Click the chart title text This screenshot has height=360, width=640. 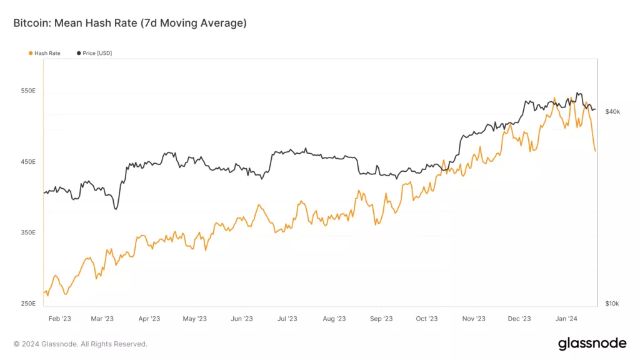(x=130, y=23)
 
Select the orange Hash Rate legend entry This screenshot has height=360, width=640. (x=44, y=53)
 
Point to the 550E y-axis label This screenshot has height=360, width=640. (x=28, y=91)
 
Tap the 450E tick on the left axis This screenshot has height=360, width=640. (x=28, y=161)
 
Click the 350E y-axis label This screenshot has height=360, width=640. (x=28, y=232)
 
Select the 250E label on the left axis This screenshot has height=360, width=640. (x=28, y=304)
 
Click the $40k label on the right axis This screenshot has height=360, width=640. (x=612, y=112)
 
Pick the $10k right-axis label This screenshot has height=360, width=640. (x=612, y=304)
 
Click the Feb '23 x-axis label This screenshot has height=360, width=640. (x=60, y=319)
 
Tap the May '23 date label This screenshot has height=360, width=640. (x=195, y=319)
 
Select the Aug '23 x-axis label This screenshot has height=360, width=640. (x=334, y=319)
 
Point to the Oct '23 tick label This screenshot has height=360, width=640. (x=427, y=319)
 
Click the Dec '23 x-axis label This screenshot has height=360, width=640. (x=519, y=319)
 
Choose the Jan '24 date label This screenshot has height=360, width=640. (x=566, y=319)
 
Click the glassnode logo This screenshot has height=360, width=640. (x=592, y=344)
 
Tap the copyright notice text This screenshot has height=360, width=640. (x=81, y=344)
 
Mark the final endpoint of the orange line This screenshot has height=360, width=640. (x=596, y=151)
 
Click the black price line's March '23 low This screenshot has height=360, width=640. (x=116, y=209)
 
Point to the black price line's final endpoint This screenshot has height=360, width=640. (x=596, y=109)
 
